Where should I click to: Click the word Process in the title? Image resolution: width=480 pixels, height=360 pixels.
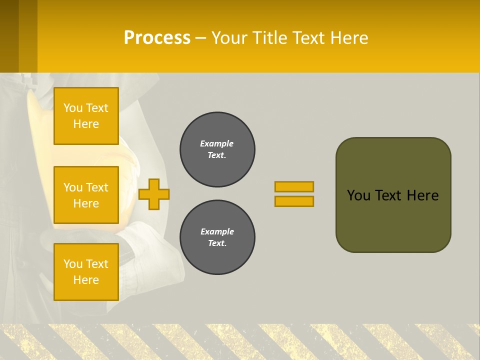point(157,37)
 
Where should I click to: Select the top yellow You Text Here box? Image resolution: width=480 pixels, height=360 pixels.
point(86,116)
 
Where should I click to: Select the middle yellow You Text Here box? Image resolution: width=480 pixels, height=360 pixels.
point(86,195)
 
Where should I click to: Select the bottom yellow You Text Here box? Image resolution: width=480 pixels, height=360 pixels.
point(86,272)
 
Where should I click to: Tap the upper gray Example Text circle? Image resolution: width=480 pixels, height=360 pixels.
point(217,149)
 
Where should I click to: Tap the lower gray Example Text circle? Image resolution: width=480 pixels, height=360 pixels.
point(217,237)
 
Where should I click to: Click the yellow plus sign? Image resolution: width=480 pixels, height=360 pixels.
point(153,194)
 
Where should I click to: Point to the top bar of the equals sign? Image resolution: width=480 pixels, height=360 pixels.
point(294,186)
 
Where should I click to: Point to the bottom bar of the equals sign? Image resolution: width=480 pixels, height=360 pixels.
point(294,201)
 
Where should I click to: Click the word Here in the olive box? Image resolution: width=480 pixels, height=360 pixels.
point(422,195)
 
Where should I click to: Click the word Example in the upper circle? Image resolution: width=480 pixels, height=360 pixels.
point(217,143)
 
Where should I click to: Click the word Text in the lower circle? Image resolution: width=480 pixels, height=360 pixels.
point(217,243)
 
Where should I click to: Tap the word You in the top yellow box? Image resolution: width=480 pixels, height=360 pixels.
point(73,108)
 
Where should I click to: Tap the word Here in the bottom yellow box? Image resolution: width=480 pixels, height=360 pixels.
point(86,280)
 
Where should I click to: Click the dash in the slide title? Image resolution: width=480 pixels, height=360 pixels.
point(200,38)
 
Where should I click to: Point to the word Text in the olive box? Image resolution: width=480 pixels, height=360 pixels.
point(389,195)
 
